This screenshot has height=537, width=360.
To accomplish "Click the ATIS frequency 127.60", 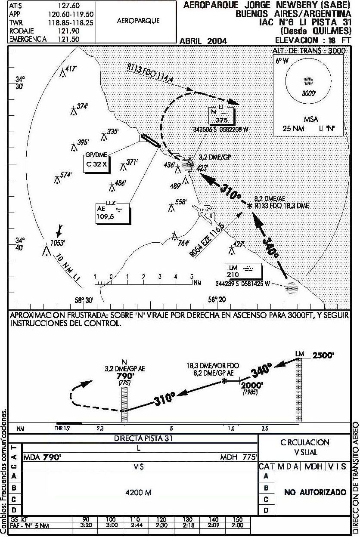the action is (69, 6).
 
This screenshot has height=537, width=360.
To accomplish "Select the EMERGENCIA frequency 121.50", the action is (69, 39).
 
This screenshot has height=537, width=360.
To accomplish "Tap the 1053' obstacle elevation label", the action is (57, 243).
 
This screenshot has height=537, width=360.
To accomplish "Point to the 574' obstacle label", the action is (66, 175).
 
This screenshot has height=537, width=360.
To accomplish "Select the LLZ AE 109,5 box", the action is (113, 213).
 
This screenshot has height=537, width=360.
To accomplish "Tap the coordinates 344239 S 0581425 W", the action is (242, 284).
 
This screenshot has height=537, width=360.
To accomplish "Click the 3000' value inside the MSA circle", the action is (308, 93).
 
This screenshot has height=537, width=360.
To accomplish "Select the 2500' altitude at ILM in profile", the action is (323, 355).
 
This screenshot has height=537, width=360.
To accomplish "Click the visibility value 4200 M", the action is (138, 493).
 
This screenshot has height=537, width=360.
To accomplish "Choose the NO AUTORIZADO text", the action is (315, 492).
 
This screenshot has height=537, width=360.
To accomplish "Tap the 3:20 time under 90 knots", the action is (86, 525).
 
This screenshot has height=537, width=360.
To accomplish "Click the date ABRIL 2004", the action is (203, 41).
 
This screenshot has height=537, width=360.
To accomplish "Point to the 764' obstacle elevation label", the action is (183, 243).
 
